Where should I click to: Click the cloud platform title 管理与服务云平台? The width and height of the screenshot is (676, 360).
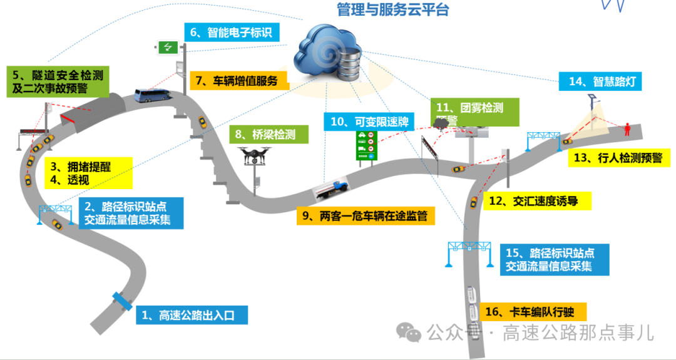click(x=392, y=11)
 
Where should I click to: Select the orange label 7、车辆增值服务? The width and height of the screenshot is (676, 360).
click(x=237, y=80)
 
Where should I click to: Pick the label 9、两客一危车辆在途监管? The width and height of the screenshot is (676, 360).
click(x=364, y=216)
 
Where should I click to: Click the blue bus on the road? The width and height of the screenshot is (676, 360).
click(x=151, y=96)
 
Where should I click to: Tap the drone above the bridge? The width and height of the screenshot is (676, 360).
click(x=255, y=155)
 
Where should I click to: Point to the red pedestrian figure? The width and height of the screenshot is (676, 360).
click(x=627, y=130)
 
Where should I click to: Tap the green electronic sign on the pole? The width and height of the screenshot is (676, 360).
click(x=168, y=46)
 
